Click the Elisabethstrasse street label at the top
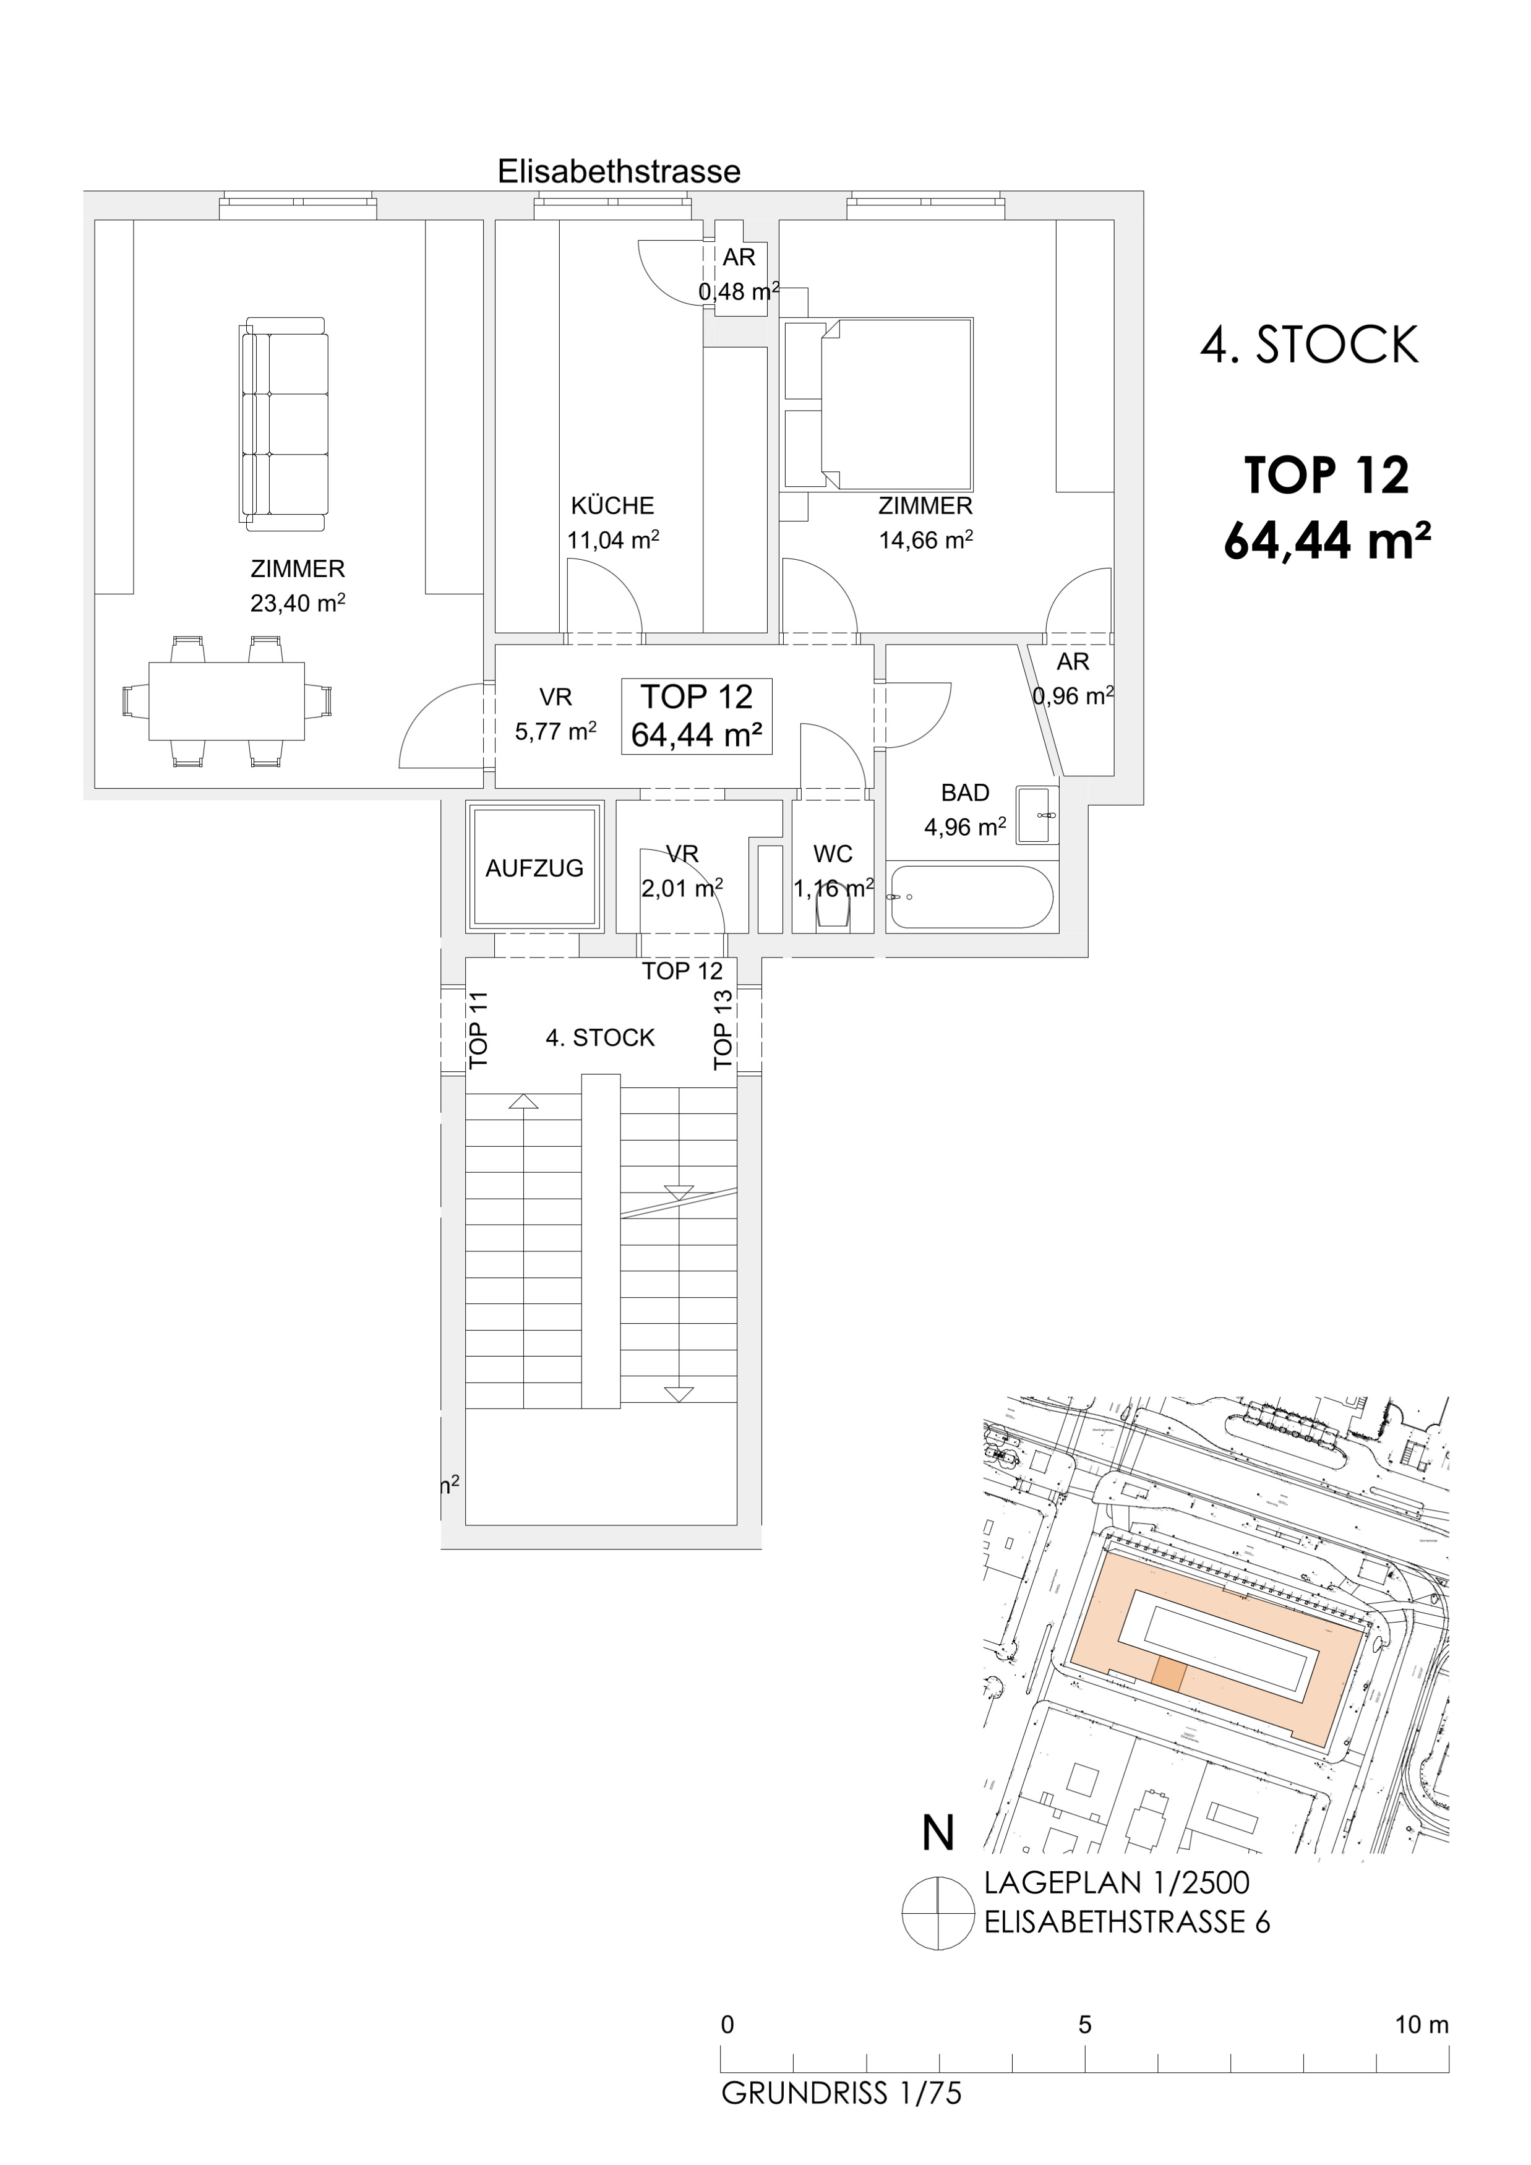pyautogui.click(x=619, y=171)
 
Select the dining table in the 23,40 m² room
pyautogui.click(x=226, y=703)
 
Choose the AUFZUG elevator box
pyautogui.click(x=534, y=867)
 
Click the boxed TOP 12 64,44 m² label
pyautogui.click(x=697, y=716)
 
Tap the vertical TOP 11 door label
pyautogui.click(x=479, y=1030)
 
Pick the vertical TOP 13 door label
pyautogui.click(x=723, y=1030)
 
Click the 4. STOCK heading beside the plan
pyautogui.click(x=1308, y=345)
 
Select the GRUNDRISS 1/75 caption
pyautogui.click(x=842, y=2093)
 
